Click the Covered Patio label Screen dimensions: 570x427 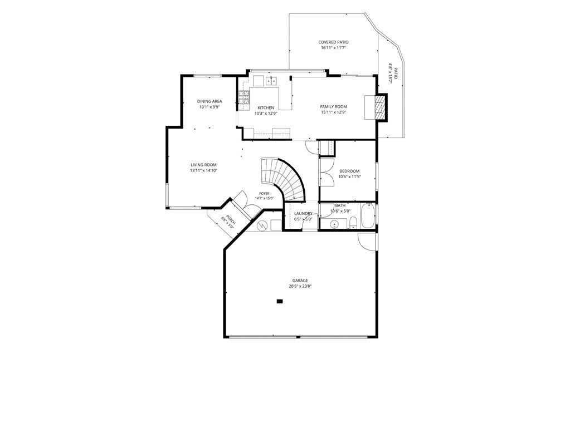coord(333,42)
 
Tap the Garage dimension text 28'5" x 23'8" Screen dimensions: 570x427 coord(300,286)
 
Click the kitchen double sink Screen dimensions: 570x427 coord(271,81)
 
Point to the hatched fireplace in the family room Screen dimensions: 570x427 coord(380,107)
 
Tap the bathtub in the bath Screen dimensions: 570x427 coord(368,215)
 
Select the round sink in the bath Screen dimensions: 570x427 coord(335,224)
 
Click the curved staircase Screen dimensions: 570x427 coord(286,178)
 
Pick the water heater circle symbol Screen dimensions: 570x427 coord(262,226)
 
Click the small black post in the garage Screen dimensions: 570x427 coord(280,301)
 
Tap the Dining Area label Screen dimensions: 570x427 coord(210,101)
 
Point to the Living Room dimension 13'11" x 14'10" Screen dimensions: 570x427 coord(203,170)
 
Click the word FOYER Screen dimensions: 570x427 coord(264,194)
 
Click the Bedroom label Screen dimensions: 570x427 coord(349,171)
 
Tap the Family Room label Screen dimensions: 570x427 coord(333,107)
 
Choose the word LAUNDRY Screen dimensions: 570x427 coord(303,214)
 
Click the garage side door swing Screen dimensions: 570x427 coord(367,242)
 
